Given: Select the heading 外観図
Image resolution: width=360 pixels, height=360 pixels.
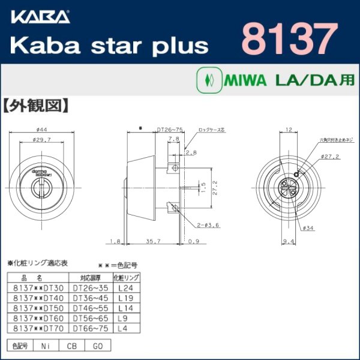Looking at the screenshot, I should [44, 107].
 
